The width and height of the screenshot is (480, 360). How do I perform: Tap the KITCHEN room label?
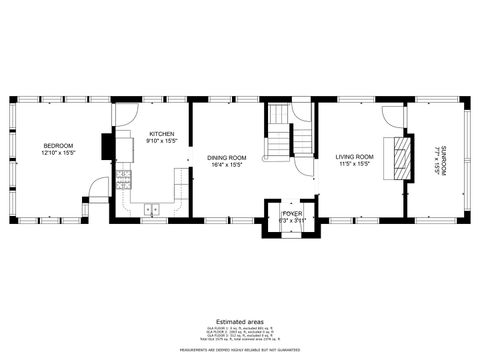162,134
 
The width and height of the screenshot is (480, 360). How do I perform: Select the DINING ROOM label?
227,157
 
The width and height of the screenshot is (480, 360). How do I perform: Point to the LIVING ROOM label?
354,157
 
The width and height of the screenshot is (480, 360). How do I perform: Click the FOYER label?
292,213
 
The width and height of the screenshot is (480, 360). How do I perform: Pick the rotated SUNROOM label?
445,160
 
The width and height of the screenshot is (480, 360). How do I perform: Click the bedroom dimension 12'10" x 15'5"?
59,153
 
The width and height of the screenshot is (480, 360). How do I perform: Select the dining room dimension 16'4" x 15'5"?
227,165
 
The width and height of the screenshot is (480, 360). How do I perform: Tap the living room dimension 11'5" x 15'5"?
354,165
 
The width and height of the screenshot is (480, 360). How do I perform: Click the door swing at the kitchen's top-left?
125,114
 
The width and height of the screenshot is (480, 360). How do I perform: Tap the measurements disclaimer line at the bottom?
239,350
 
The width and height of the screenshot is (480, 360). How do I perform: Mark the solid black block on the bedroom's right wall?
107,147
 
